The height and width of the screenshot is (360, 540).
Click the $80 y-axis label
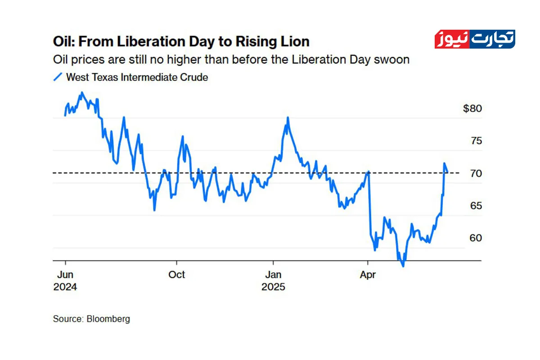click(x=472, y=108)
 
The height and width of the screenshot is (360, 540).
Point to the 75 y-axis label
click(x=476, y=141)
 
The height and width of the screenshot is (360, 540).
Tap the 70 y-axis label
click(x=476, y=173)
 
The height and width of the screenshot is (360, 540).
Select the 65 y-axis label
click(x=476, y=206)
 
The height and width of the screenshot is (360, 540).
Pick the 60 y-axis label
click(x=476, y=238)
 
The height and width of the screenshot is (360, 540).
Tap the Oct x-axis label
click(x=176, y=274)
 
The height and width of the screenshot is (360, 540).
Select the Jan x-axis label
click(x=273, y=274)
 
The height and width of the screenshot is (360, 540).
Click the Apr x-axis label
click(x=368, y=274)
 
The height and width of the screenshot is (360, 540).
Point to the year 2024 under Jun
click(x=65, y=287)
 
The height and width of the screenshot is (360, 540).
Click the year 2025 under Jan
click(x=273, y=287)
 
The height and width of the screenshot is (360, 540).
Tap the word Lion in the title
click(x=295, y=42)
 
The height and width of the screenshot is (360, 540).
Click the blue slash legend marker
click(x=58, y=77)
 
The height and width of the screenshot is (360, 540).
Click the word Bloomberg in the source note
click(x=108, y=319)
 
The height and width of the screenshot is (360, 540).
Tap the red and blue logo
click(x=475, y=40)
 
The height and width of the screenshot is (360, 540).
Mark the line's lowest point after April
click(x=403, y=265)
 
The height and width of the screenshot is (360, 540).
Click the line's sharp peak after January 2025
click(x=288, y=118)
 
